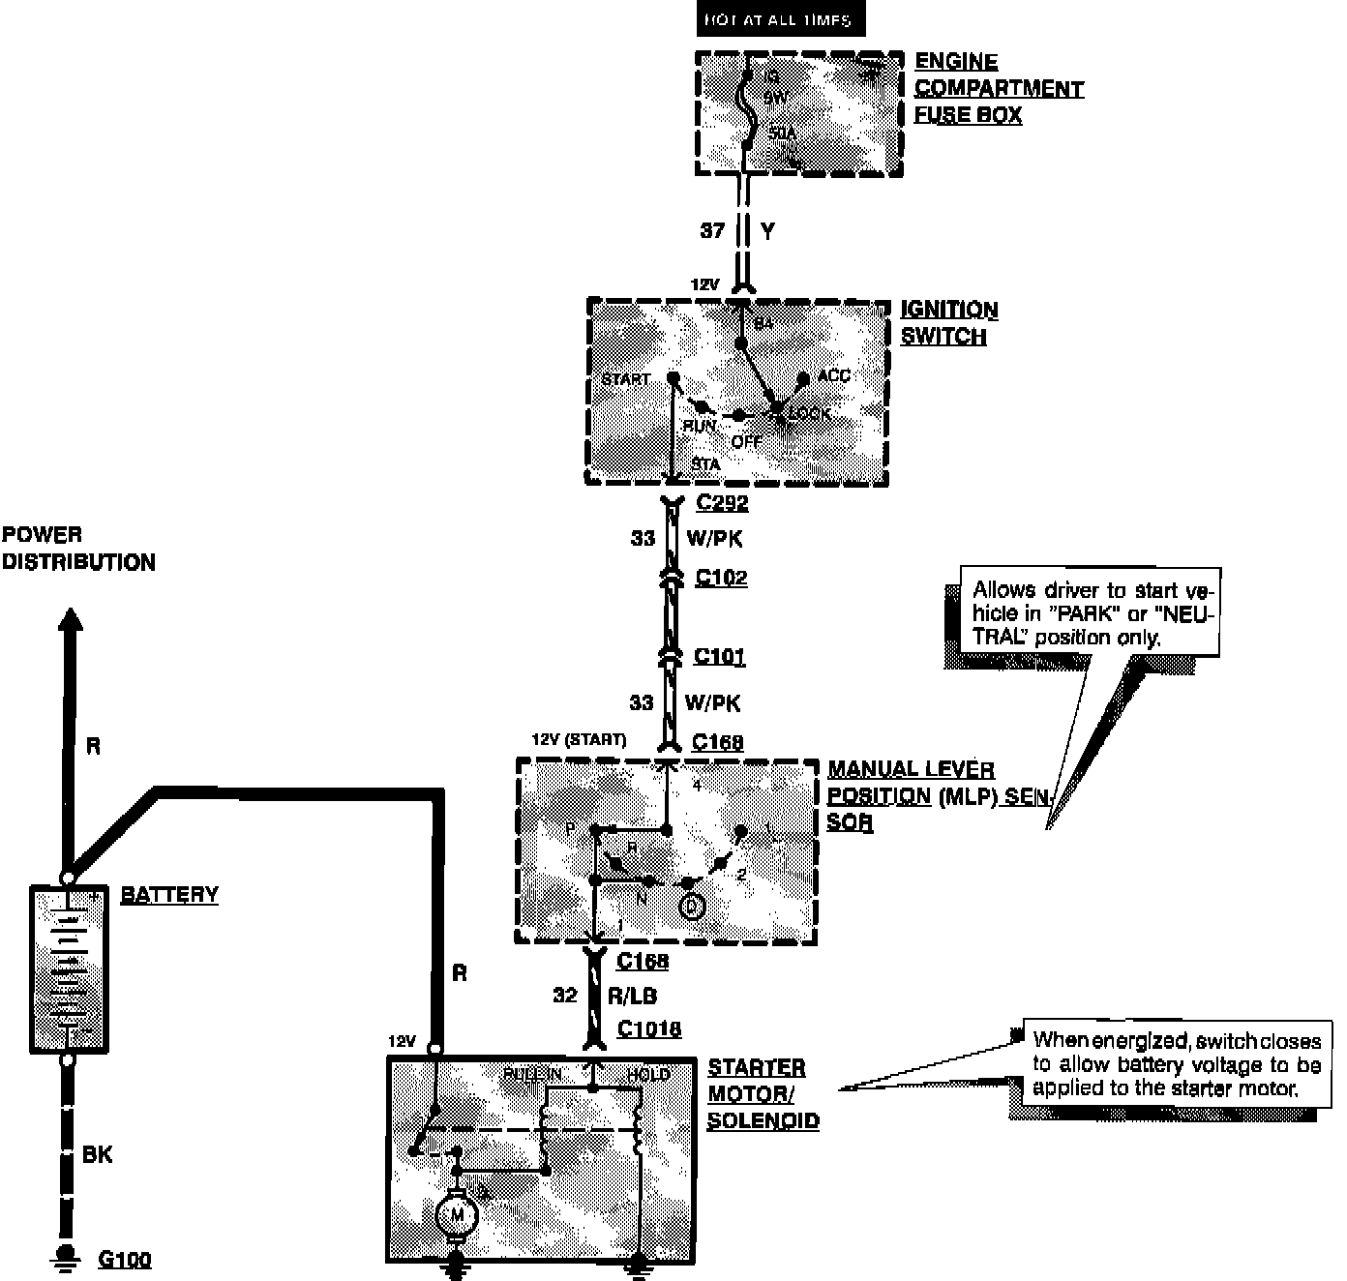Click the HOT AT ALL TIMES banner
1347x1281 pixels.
coord(779,19)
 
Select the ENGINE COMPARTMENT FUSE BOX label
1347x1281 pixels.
coord(999,89)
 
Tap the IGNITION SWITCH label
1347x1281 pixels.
coord(949,323)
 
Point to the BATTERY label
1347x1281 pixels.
coord(169,895)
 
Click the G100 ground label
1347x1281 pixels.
coord(125,1260)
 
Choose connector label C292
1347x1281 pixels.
coord(722,503)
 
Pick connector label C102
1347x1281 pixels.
coord(721,579)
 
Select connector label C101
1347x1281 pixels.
coord(720,657)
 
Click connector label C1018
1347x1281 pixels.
coord(649,1029)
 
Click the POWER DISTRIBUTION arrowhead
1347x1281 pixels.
coord(69,619)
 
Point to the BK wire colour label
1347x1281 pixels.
coord(97,1155)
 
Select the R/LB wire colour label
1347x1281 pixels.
coord(632,996)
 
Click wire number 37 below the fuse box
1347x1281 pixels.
coord(712,231)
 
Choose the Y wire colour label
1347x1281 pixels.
coord(768,231)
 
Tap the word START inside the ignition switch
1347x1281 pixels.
coord(626,378)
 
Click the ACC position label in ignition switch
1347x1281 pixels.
coord(833,375)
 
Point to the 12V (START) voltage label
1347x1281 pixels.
coord(579,740)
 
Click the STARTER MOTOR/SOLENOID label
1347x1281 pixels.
coord(763,1094)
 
